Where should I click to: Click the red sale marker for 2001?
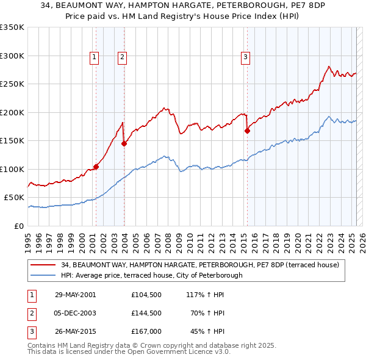tap(96, 167)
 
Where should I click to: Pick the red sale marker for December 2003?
tap(124, 144)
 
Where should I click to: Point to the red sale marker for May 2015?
tap(247, 131)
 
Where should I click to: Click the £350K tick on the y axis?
tap(12, 27)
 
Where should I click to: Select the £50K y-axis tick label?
tap(15, 198)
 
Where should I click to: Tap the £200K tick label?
tap(12, 112)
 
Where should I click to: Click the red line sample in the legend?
tap(43, 265)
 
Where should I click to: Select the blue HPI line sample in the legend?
tap(43, 275)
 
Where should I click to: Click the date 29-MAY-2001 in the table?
tap(75, 295)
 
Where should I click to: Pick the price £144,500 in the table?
tap(146, 313)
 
